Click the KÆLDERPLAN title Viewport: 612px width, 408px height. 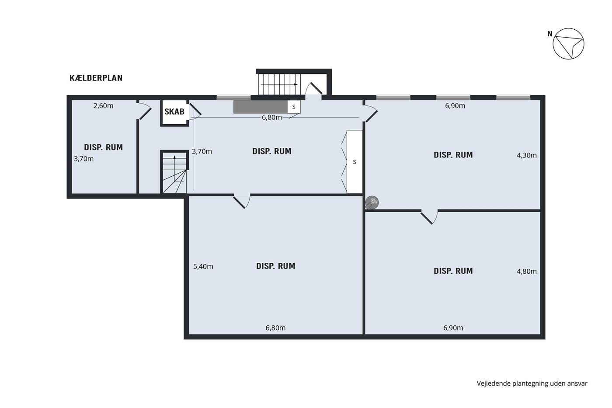pyautogui.click(x=96, y=78)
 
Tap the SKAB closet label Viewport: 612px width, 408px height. pyautogui.click(x=174, y=112)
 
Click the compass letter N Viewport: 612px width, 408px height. pyautogui.click(x=550, y=34)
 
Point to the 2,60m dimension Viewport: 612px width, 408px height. pyautogui.click(x=103, y=106)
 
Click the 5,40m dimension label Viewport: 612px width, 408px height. pyautogui.click(x=203, y=266)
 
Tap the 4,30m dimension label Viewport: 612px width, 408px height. pyautogui.click(x=526, y=155)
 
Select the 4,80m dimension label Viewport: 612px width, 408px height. pyautogui.click(x=526, y=272)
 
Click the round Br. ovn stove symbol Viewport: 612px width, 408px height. pyautogui.click(x=372, y=202)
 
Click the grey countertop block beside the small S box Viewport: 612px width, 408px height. pyautogui.click(x=261, y=107)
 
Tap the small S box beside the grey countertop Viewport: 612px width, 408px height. pyautogui.click(x=294, y=107)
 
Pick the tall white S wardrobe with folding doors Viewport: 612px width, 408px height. pyautogui.click(x=355, y=162)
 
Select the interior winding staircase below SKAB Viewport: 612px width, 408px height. pyautogui.click(x=174, y=172)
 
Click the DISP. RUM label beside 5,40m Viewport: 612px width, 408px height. pyautogui.click(x=276, y=266)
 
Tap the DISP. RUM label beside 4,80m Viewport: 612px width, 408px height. pyautogui.click(x=453, y=271)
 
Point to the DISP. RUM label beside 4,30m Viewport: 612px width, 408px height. pyautogui.click(x=453, y=155)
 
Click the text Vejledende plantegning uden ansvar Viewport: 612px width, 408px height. pyautogui.click(x=532, y=384)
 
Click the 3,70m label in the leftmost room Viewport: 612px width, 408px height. pyautogui.click(x=83, y=159)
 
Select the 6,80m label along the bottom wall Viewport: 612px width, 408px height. pyautogui.click(x=275, y=328)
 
